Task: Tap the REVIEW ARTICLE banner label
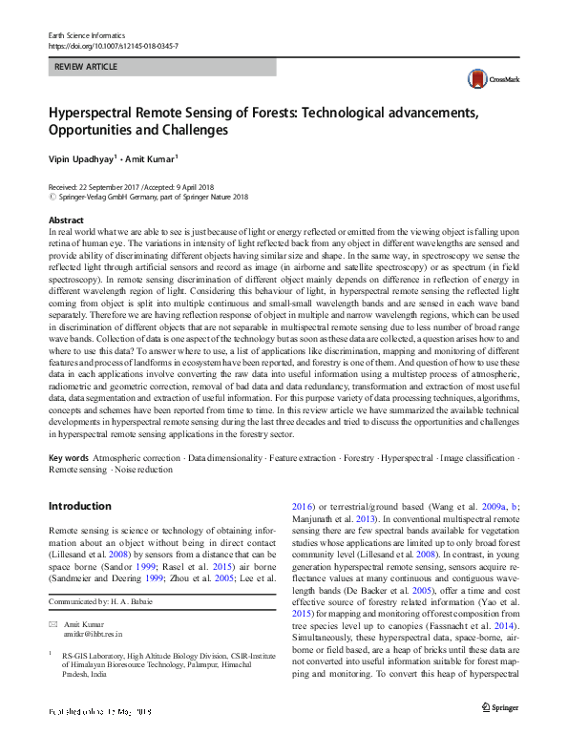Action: click(x=87, y=68)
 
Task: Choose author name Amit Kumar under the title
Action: click(x=153, y=158)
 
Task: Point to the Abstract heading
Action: click(x=66, y=220)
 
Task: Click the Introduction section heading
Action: click(x=79, y=505)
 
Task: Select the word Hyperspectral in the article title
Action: click(x=95, y=112)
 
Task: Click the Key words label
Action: click(x=70, y=458)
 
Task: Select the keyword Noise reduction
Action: click(x=144, y=471)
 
